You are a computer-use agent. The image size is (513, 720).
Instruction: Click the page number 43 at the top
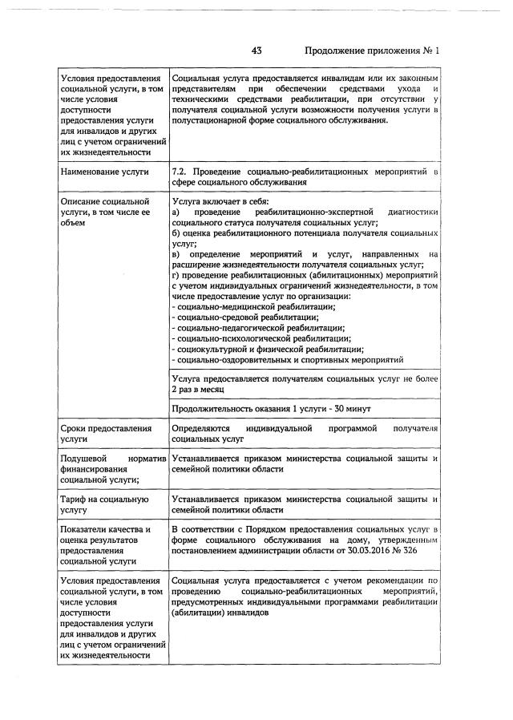(x=256, y=51)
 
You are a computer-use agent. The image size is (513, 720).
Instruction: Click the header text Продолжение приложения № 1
(x=373, y=51)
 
